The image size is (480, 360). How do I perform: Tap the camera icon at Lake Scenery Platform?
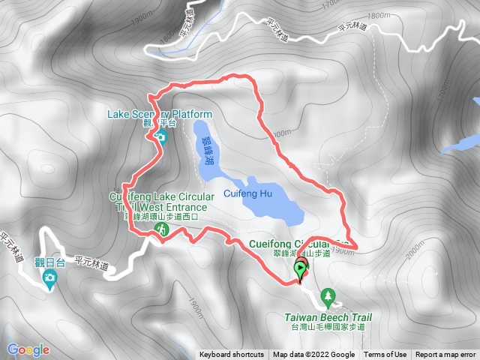(161, 136)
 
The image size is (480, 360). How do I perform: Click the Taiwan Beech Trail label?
(328, 317)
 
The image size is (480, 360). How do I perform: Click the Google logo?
(28, 349)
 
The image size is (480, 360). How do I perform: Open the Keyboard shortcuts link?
(231, 355)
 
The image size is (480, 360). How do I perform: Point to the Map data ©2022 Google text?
(313, 355)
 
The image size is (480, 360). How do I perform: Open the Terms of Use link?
(385, 355)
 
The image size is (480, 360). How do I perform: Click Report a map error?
(445, 355)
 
